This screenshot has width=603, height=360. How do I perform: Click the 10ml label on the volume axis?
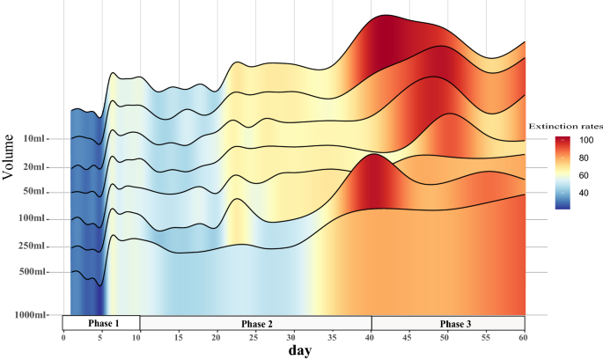pos(35,139)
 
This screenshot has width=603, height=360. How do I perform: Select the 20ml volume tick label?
pos(35,167)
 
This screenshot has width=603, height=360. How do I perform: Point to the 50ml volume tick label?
pos(35,192)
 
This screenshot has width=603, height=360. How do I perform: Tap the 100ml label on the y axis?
pos(33,219)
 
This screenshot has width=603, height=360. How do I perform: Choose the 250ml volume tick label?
pos(33,246)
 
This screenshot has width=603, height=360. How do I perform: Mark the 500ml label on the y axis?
pos(33,272)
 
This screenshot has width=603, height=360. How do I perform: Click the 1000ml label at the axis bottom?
pos(31,315)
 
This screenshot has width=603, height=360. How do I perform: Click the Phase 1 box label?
pos(103,324)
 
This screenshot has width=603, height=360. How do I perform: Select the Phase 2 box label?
pos(257,324)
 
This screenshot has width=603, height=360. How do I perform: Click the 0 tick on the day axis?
pos(63,337)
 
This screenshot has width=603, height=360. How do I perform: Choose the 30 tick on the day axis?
pos(293,337)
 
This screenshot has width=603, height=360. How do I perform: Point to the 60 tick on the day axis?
pos(524,337)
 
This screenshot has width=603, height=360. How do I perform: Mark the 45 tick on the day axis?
pos(408,337)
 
